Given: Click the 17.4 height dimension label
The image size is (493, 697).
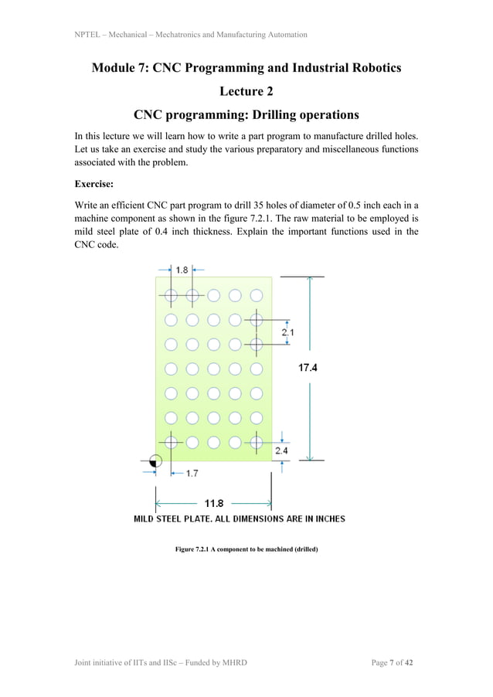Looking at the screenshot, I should point(307,368).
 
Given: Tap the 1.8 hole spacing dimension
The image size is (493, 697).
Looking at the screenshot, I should point(182,270).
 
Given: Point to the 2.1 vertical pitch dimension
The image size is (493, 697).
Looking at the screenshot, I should point(287,332).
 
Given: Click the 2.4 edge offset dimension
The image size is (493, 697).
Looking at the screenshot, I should point(281,450).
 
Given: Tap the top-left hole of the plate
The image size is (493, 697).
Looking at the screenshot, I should point(172,295).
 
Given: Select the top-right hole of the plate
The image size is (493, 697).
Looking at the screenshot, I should point(257,295).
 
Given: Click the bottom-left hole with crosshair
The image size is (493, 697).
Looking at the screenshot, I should point(172,442).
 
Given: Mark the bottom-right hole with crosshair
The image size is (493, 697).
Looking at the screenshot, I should point(257,442).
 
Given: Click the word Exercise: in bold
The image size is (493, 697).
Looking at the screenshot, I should point(97,185).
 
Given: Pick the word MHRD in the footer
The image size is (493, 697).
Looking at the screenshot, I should point(233,663).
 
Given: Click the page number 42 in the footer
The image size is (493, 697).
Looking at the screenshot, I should point(412,663).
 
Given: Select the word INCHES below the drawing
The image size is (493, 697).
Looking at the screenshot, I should point(326,518).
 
